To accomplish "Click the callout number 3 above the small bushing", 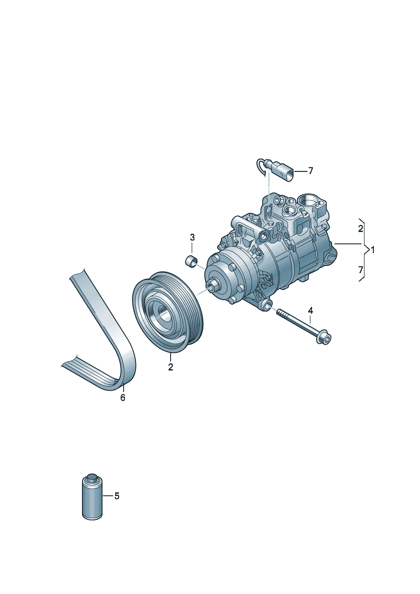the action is pos(192,238).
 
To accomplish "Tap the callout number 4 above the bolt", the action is pos(310,310).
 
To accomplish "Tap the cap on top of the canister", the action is pos(92,477).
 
